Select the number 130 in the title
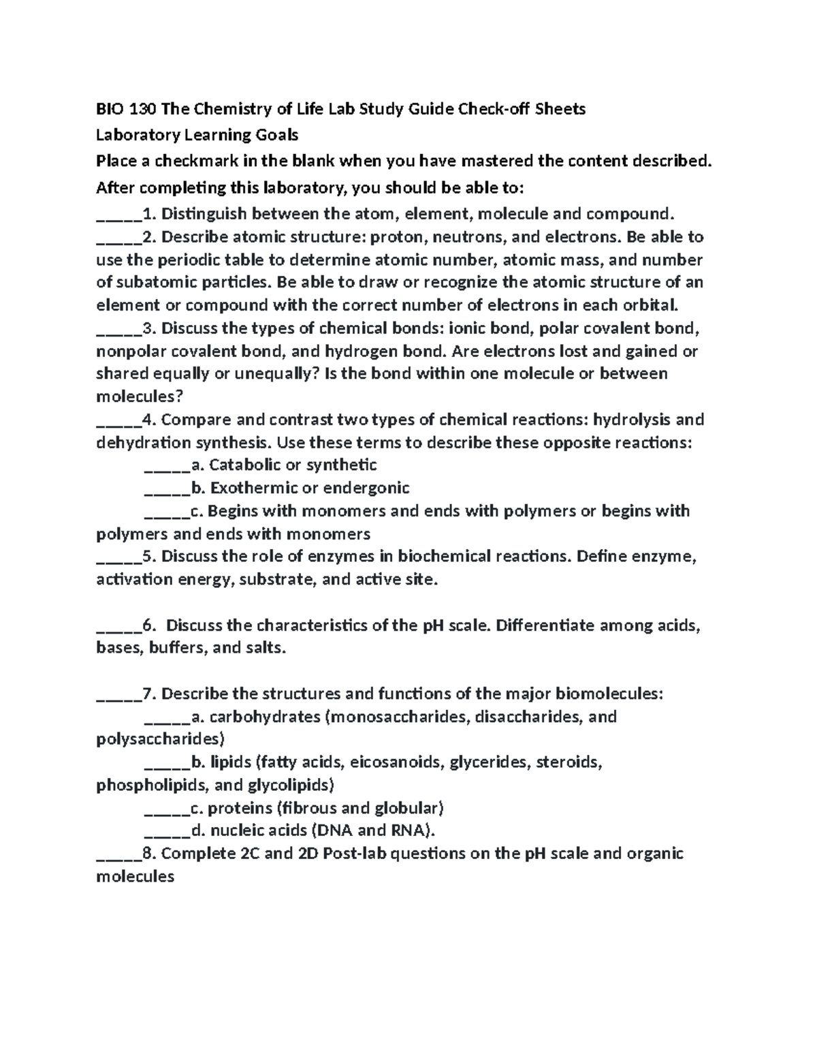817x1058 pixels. coord(143,109)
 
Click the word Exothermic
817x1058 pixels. coord(247,488)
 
